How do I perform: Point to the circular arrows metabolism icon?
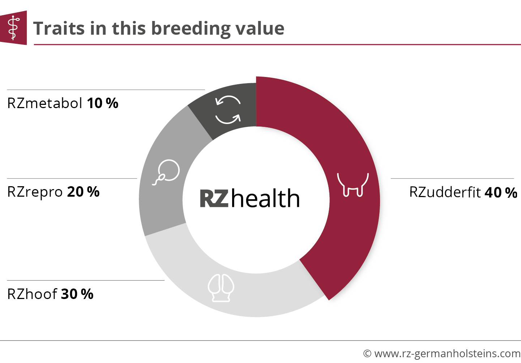(x=228, y=110)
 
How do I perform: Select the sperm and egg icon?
(x=166, y=172)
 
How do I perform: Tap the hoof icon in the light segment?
(x=221, y=288)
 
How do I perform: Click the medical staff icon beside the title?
(x=13, y=28)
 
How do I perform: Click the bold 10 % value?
(x=103, y=103)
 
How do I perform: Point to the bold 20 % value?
(x=83, y=192)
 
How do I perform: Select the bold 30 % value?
(x=77, y=294)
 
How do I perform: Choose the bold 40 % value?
(x=501, y=193)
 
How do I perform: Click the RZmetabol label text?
(x=45, y=103)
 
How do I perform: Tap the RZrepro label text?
(x=35, y=192)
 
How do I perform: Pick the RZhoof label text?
(x=32, y=294)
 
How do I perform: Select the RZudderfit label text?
(x=445, y=192)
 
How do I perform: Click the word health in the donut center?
(x=265, y=198)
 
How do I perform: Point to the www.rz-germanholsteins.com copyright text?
(x=442, y=354)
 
